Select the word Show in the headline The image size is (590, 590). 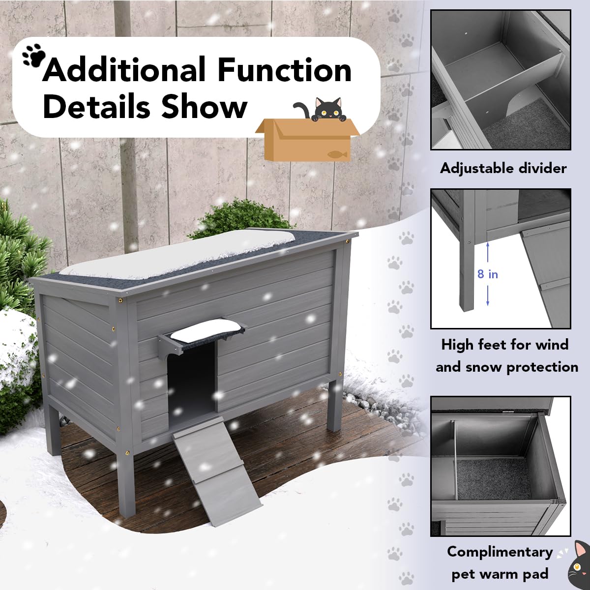click(204, 106)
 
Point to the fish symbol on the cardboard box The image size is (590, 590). click(338, 154)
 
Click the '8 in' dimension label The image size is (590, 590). click(488, 274)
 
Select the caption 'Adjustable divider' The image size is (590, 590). click(503, 168)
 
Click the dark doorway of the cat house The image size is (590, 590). click(191, 383)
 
